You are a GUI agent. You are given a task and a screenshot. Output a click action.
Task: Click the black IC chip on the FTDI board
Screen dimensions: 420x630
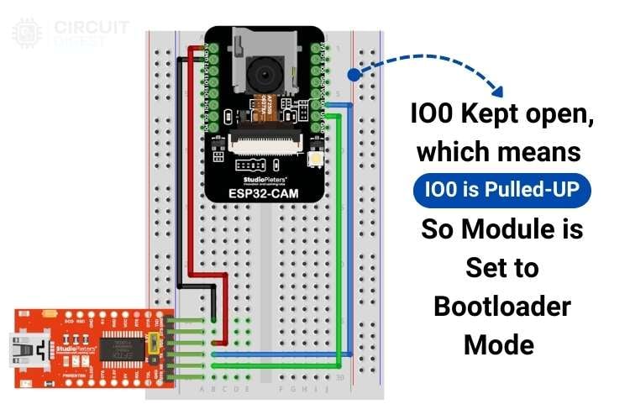tap(123, 347)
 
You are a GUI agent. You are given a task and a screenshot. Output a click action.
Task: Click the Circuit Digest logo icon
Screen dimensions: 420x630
tap(27, 32)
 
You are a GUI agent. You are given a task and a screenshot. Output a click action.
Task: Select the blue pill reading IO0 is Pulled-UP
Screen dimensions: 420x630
tap(501, 191)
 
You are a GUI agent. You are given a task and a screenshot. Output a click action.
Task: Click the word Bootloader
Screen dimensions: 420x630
tap(501, 306)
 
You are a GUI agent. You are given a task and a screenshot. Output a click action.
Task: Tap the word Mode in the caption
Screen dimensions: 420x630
tap(501, 344)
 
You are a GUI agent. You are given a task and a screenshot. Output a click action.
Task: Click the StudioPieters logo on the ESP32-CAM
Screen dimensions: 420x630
tap(263, 179)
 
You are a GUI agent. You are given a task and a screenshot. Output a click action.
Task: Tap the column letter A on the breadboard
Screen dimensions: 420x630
tap(202, 390)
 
